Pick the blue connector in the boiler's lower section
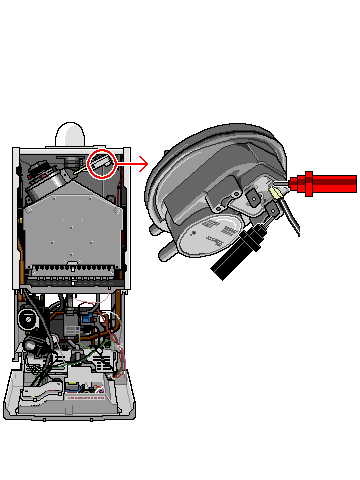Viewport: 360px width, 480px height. (87, 321)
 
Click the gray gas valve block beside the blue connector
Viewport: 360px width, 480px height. (70, 325)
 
